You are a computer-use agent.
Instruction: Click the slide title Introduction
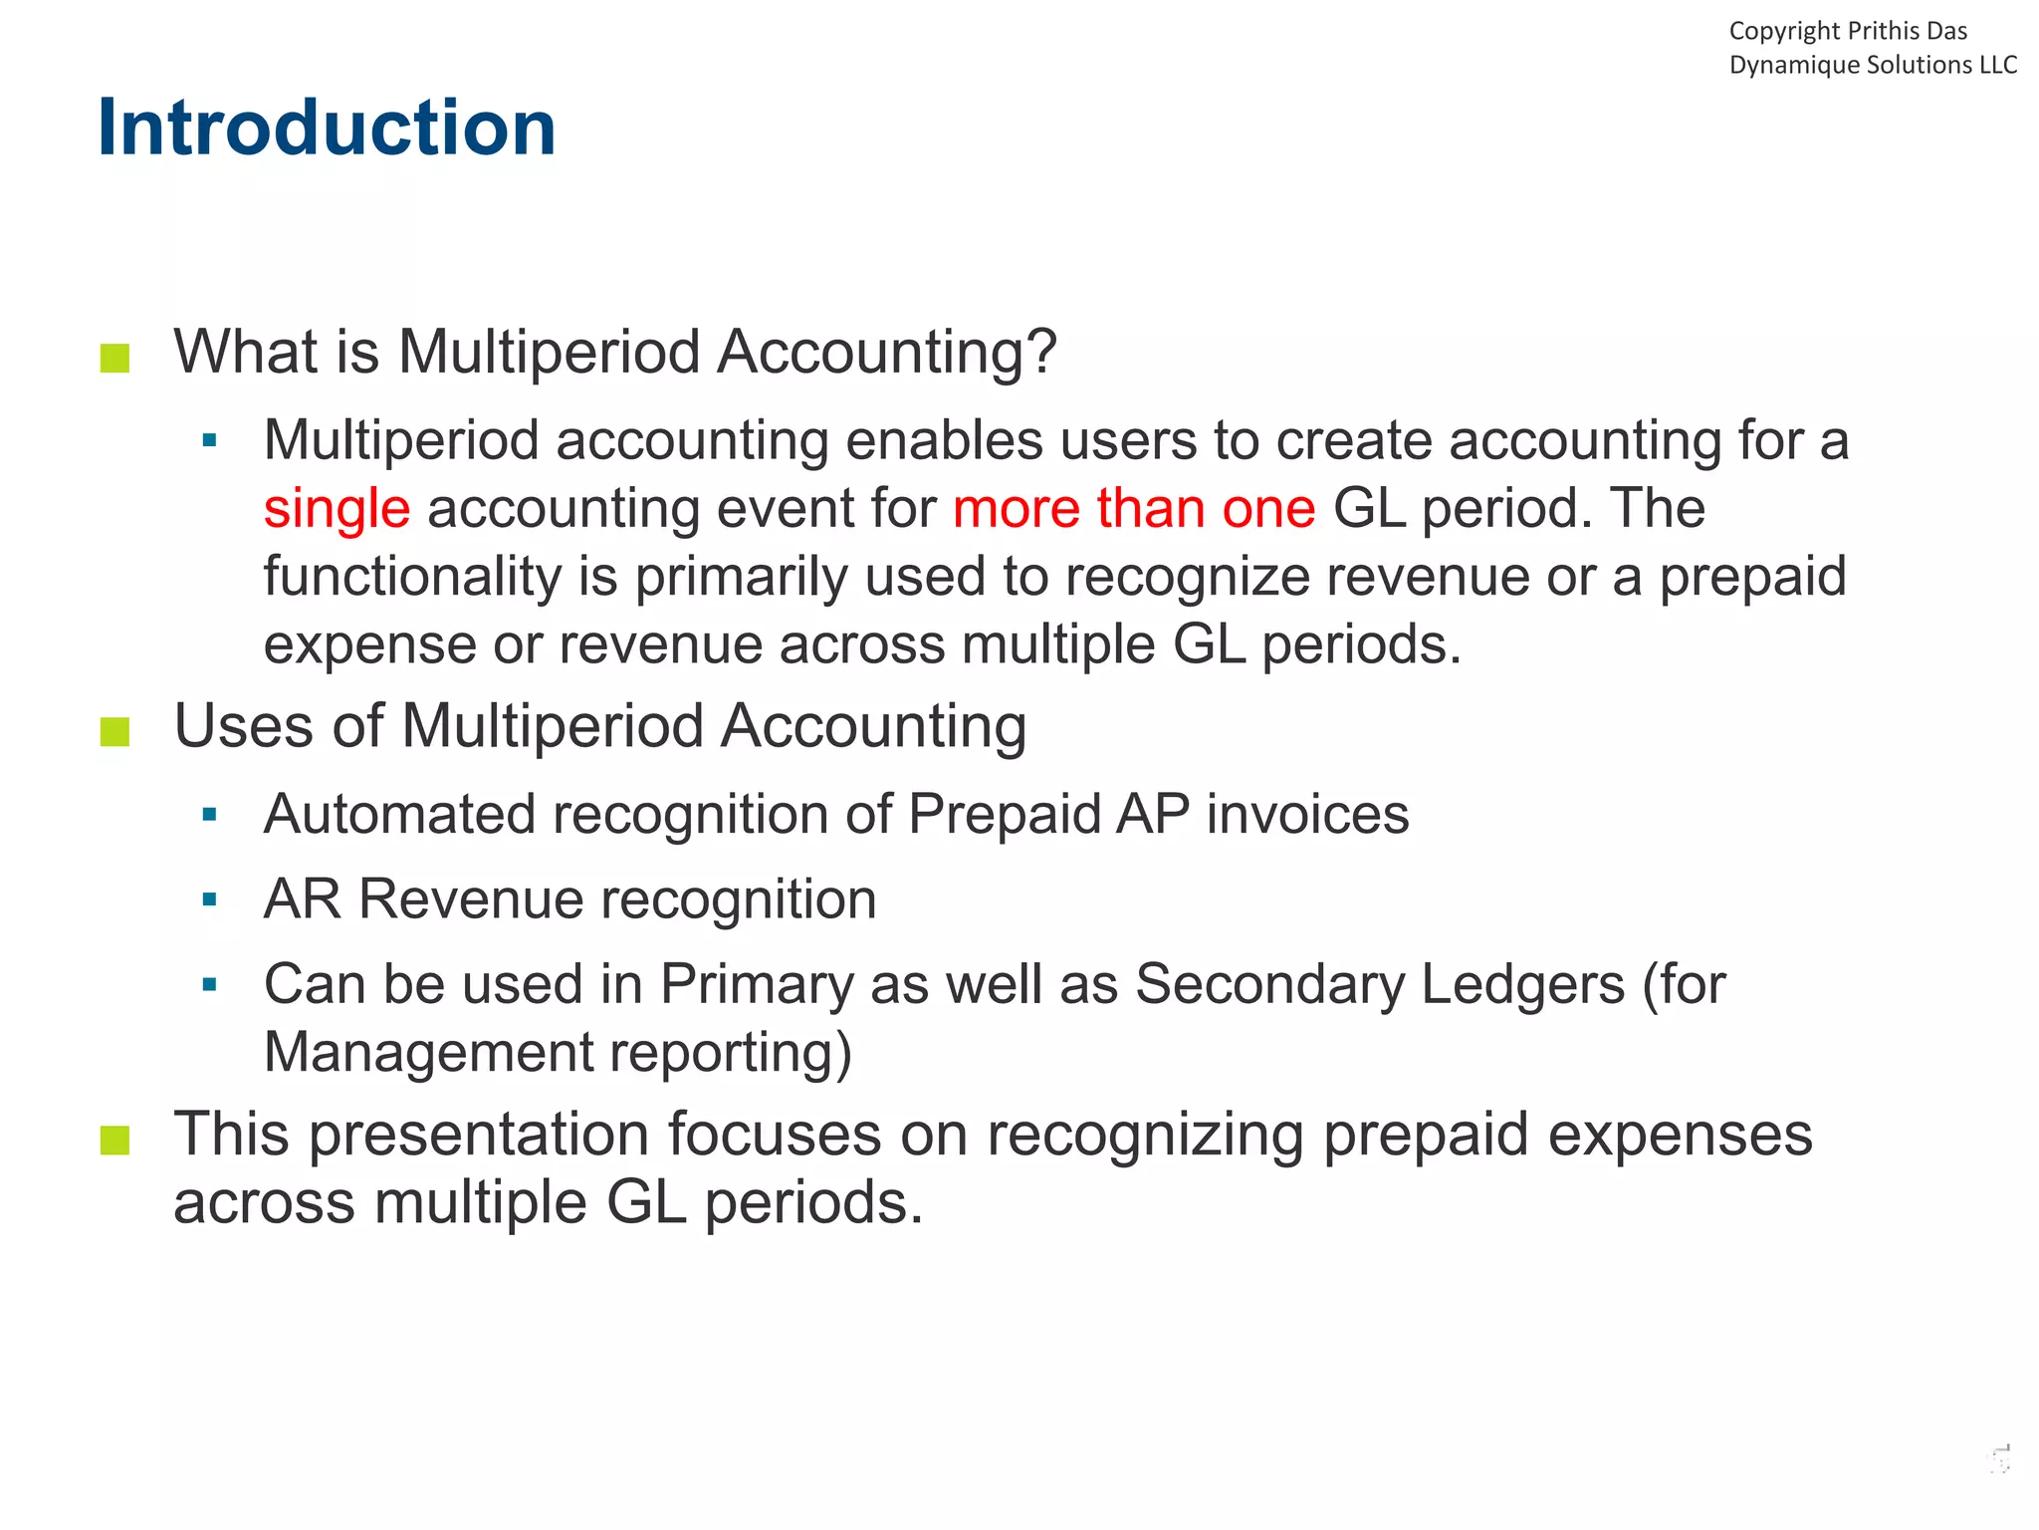[326, 127]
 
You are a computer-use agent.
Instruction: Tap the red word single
[337, 508]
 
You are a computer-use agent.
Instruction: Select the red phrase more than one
[1134, 508]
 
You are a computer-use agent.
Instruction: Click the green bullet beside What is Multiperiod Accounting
[115, 358]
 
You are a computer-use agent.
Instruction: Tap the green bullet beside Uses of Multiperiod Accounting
[115, 732]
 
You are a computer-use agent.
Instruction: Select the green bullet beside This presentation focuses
[115, 1140]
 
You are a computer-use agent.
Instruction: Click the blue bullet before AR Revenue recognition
[209, 900]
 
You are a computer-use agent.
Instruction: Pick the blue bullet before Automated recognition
[209, 816]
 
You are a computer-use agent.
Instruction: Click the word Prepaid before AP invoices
[1004, 814]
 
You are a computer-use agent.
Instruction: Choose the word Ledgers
[1522, 984]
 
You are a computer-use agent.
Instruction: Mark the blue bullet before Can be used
[209, 985]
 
